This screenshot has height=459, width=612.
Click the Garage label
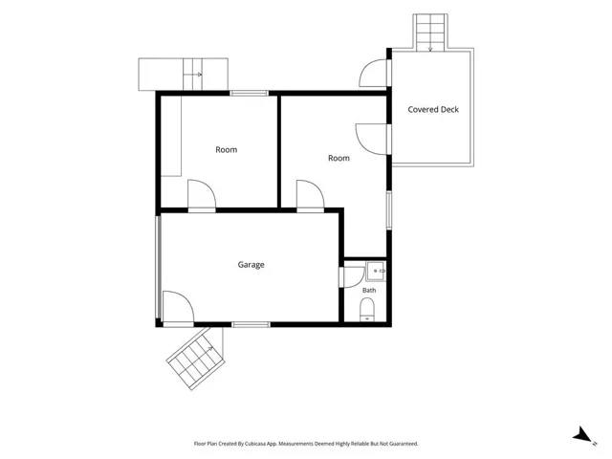coord(251,265)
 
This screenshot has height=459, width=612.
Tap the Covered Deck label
coord(433,110)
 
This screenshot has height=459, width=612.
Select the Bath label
coord(369,290)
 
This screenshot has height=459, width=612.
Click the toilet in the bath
coord(367,310)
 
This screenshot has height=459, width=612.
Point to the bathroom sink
coord(376,271)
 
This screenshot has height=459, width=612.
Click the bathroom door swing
coord(353,277)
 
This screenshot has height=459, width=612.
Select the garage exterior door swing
coord(179,307)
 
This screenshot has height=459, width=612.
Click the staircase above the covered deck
coord(430,33)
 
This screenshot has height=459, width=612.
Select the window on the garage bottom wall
coord(251,325)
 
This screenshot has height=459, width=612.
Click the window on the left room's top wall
coord(249,94)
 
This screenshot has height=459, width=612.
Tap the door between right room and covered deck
coord(372,139)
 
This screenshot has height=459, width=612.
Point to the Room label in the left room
coord(227,150)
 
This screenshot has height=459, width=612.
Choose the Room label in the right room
coord(339,158)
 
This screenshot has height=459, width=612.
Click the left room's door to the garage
coord(202,195)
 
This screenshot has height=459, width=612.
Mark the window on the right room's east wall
coord(389,210)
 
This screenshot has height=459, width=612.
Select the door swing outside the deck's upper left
coord(374,73)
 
